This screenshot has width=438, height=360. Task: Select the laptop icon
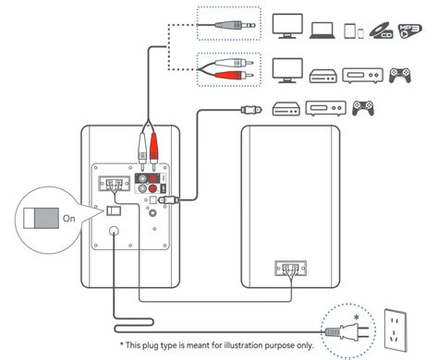tap(322, 30)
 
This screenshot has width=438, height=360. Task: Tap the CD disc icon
tap(381, 30)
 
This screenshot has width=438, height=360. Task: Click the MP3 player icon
tap(410, 30)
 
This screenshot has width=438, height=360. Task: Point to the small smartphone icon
tap(360, 33)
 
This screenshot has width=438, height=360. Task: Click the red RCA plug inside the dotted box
tap(234, 75)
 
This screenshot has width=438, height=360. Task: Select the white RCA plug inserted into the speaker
tap(142, 150)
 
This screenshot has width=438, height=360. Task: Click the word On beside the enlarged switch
tap(69, 219)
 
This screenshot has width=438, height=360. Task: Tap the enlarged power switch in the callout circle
tap(41, 218)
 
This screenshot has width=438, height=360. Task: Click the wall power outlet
tap(395, 330)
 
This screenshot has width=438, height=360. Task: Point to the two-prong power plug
tap(347, 331)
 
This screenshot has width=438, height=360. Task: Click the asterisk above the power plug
tap(357, 318)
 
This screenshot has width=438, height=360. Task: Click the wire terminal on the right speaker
tap(290, 268)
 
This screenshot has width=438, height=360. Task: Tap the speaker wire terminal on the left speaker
tap(114, 184)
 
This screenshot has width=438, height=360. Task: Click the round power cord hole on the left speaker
tap(114, 231)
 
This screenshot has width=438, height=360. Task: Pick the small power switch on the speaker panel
tap(114, 210)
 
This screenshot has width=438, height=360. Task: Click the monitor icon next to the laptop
tap(287, 26)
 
